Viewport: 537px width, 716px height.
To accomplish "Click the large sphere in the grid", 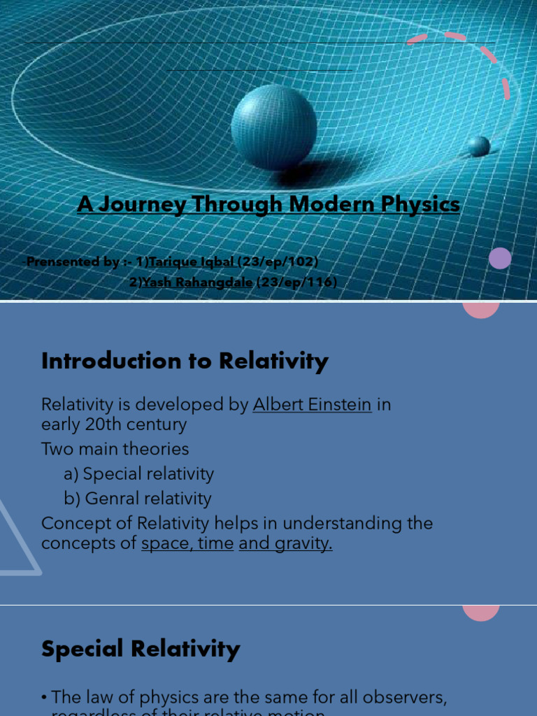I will click(273, 127).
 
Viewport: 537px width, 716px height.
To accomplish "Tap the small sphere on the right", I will click(479, 146).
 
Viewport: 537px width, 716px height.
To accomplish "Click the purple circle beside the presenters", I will click(500, 259).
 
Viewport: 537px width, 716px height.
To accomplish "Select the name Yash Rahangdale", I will click(196, 282).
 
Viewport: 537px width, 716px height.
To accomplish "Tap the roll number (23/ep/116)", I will click(297, 282).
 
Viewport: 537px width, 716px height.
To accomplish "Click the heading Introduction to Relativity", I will click(185, 361).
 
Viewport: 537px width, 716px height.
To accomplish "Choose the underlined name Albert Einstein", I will click(312, 404).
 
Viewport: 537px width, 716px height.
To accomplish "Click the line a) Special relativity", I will click(138, 473).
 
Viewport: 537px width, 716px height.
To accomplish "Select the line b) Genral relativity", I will click(137, 499).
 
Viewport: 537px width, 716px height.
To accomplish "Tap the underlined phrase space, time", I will click(187, 543).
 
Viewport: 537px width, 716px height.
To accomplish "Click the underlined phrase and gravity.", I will click(285, 543).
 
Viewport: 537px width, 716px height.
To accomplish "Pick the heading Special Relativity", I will click(141, 648).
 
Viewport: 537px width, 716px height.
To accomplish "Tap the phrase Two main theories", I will click(115, 449).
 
